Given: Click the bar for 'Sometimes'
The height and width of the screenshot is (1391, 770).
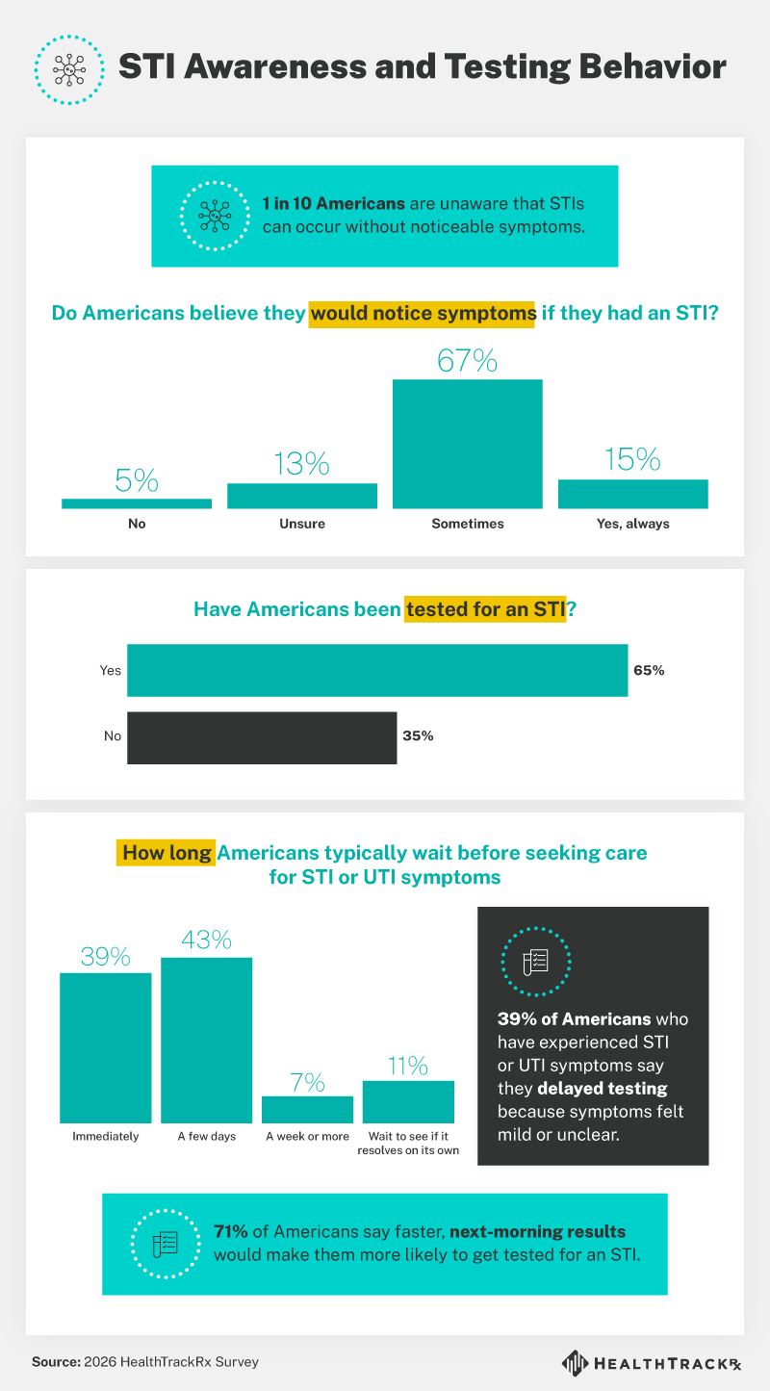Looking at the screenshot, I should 467,443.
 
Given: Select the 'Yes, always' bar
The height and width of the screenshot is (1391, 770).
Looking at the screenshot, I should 632,493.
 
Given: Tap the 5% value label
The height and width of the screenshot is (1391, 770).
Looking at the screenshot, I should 136,480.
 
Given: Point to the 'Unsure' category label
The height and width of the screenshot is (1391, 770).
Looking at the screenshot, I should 301,524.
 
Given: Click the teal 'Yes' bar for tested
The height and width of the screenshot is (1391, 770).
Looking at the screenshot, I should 377,670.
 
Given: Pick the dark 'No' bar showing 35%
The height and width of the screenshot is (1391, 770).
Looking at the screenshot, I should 262,737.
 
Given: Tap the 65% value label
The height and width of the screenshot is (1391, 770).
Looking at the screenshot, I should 649,670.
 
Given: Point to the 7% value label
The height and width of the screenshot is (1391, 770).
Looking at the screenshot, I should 307,1082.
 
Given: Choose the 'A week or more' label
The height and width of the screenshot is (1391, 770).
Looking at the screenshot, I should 307,1136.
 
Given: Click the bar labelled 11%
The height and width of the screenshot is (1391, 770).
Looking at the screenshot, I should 408,1101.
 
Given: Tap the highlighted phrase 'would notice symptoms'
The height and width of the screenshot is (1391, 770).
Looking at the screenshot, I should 422,314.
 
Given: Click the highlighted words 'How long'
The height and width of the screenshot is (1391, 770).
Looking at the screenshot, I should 167,853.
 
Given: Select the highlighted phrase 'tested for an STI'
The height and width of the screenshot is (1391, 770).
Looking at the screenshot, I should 484,609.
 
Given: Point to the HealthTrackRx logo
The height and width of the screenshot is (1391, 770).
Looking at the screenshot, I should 654,1363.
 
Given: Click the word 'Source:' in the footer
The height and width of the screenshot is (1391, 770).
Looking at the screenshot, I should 55,1362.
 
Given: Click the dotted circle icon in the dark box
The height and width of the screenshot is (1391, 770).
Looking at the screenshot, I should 535,962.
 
